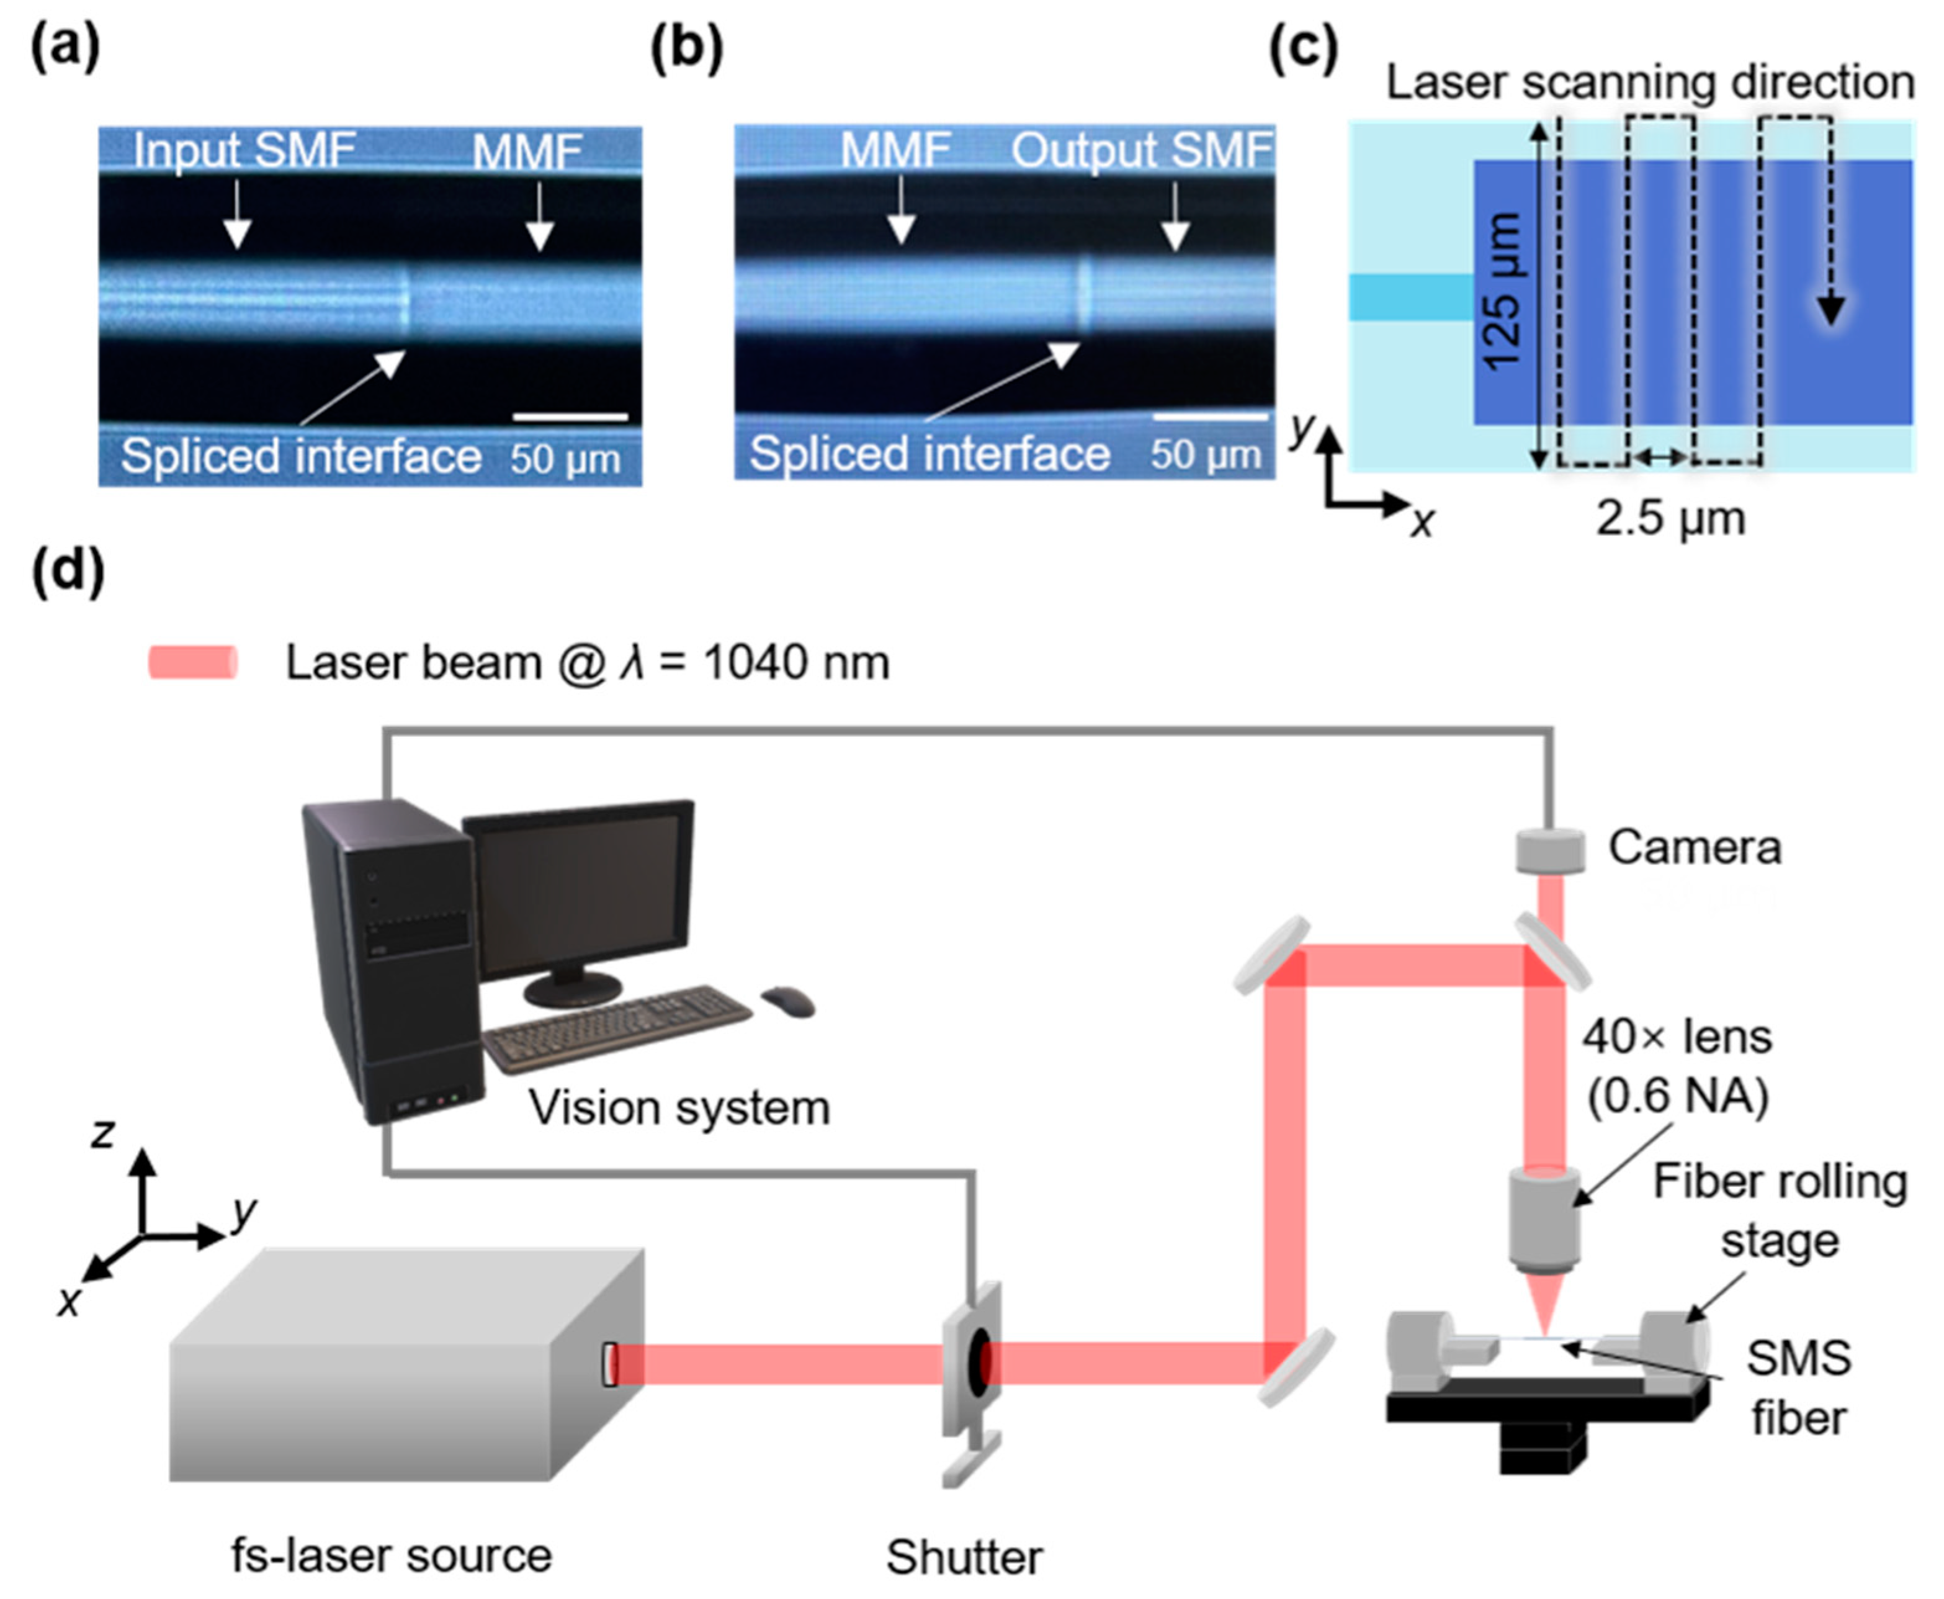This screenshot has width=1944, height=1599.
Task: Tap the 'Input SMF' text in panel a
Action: pos(244,150)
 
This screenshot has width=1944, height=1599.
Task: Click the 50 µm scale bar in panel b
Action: pos(1210,417)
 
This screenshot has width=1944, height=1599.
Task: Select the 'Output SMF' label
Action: pos(1142,150)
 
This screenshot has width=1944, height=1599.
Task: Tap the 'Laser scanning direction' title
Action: pos(1651,83)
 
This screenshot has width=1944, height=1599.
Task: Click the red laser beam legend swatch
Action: pos(194,662)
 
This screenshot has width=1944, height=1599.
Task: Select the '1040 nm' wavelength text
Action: pos(797,662)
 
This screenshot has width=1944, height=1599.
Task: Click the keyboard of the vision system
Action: pos(617,1027)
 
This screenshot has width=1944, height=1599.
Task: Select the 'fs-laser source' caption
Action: pos(392,1556)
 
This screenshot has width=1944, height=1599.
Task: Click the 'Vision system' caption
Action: pos(679,1108)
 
